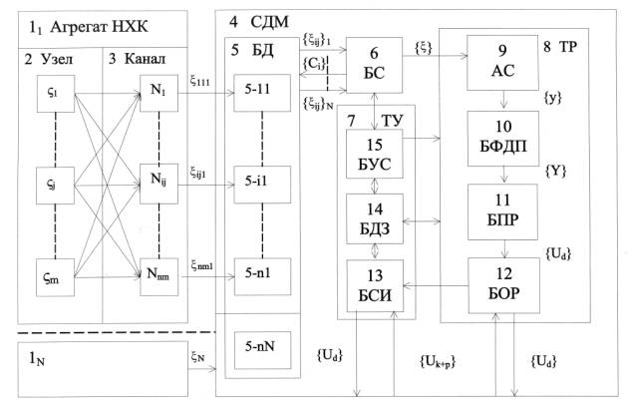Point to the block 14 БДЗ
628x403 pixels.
pos(376,217)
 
